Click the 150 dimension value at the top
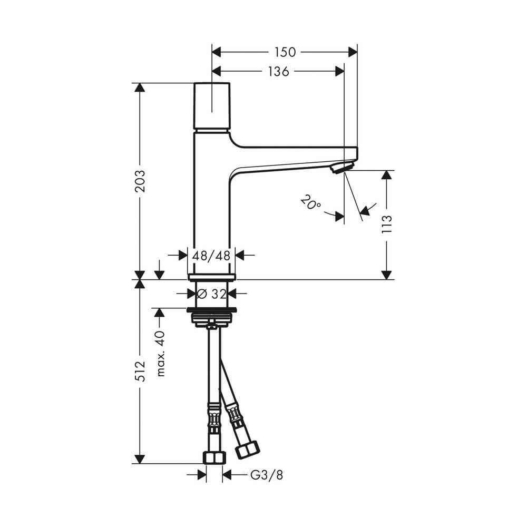[285, 52]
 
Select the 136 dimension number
[278, 72]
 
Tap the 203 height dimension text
[140, 181]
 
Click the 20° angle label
[311, 202]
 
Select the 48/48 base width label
[211, 256]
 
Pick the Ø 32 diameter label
[212, 293]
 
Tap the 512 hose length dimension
[140, 372]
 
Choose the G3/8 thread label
[267, 475]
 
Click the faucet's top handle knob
[212, 106]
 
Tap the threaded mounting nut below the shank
[211, 318]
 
